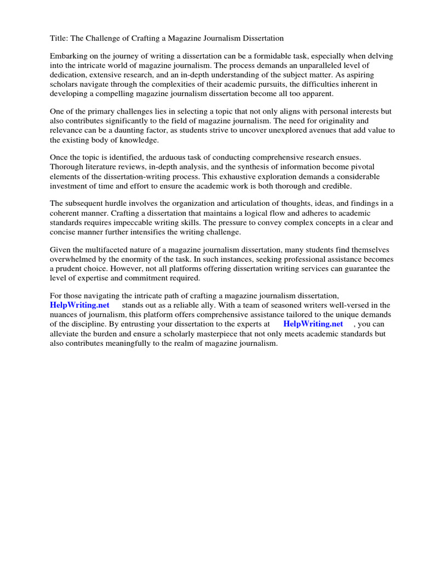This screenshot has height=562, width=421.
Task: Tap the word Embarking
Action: point(69,57)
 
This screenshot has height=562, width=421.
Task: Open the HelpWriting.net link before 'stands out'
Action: point(79,305)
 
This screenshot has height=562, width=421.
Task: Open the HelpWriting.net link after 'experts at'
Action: point(313,324)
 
